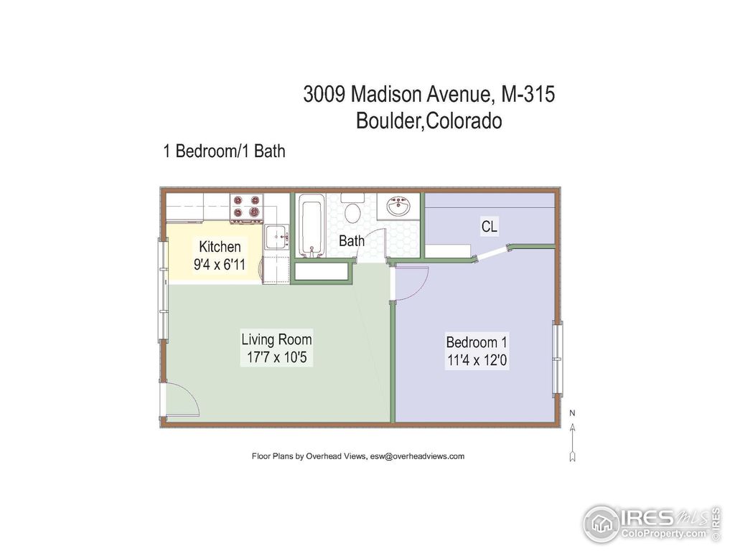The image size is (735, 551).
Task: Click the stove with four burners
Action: click(x=245, y=207)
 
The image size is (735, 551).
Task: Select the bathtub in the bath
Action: click(x=312, y=226)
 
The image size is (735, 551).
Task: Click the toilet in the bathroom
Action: click(x=352, y=212)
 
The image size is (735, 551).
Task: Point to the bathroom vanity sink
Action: click(x=398, y=207)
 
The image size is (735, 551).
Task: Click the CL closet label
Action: click(x=490, y=227)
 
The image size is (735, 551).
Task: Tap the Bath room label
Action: click(x=352, y=241)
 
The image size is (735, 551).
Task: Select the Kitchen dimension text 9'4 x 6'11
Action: click(x=220, y=264)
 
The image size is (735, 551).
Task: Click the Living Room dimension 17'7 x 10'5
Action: click(x=276, y=357)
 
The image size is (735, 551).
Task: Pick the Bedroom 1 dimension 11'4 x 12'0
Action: click(x=477, y=360)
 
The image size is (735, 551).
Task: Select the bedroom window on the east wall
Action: click(x=558, y=358)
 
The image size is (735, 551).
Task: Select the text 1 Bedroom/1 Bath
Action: click(x=225, y=151)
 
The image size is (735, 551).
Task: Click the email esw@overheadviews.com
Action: click(x=418, y=456)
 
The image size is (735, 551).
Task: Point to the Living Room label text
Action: click(x=276, y=339)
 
